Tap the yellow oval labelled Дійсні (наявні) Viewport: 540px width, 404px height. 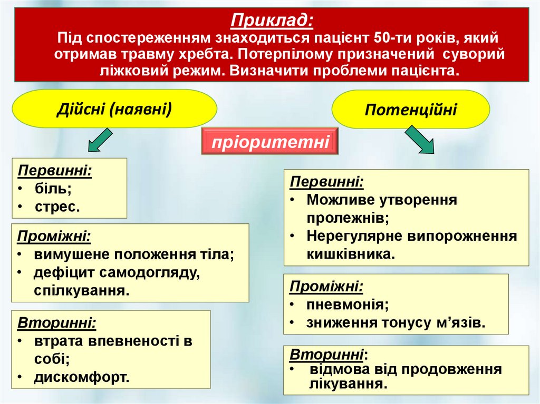(114, 109)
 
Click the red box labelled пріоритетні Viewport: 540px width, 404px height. (269, 142)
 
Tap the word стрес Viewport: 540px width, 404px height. (57, 206)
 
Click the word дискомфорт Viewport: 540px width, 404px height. (81, 377)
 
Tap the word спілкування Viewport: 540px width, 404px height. (81, 290)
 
